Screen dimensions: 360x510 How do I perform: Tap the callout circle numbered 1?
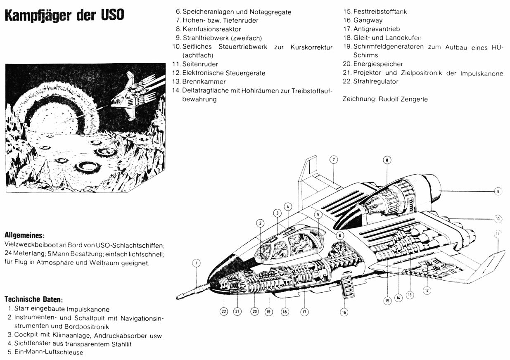coord(197,263)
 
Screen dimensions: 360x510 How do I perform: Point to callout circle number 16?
coord(344,312)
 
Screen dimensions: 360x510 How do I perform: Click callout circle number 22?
coord(224,312)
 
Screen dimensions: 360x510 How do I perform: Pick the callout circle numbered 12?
coord(427,290)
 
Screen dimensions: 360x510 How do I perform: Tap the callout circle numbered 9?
coord(498,191)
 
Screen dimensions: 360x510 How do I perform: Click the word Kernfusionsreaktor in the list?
coord(211,29)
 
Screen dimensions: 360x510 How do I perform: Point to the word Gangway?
coord(368,20)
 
